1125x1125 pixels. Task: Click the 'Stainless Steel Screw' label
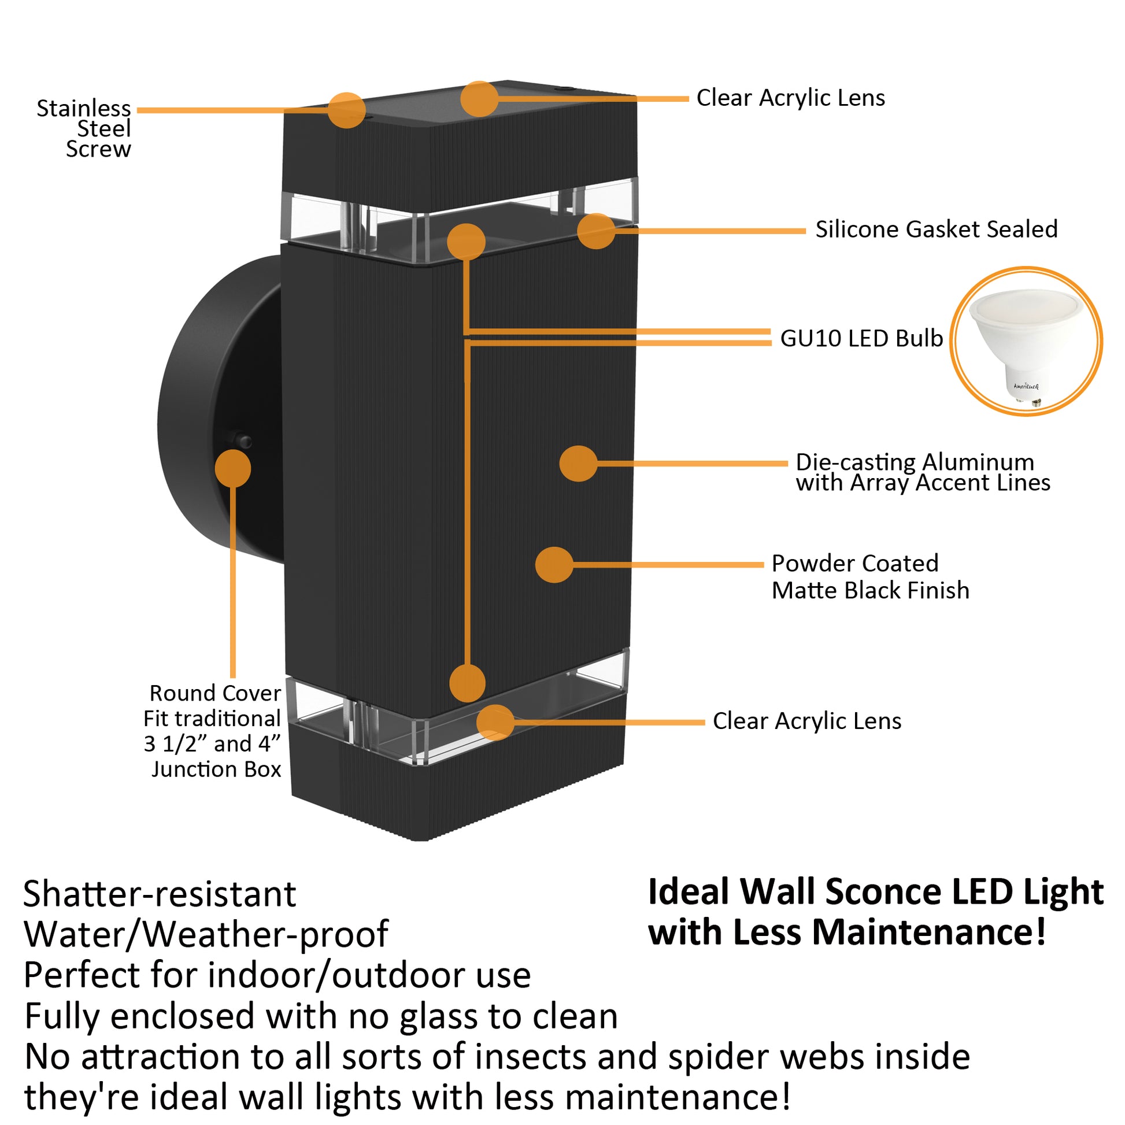point(84,129)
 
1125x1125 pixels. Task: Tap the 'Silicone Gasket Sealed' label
point(936,230)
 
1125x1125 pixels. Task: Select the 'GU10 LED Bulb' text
point(861,338)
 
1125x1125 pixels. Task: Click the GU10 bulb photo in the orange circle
point(1026,342)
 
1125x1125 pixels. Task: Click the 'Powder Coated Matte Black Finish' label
point(870,576)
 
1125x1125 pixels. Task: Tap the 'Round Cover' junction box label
point(213,731)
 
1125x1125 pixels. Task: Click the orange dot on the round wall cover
point(233,469)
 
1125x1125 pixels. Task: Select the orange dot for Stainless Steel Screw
point(346,110)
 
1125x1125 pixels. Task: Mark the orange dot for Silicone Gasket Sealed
point(595,231)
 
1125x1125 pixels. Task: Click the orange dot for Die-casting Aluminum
point(578,464)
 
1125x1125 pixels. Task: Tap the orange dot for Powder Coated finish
point(554,565)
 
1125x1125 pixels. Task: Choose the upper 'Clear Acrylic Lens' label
point(790,98)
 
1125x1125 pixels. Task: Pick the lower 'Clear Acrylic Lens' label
point(806,721)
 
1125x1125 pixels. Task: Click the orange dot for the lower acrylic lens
point(495,723)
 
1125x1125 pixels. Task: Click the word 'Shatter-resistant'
point(160,894)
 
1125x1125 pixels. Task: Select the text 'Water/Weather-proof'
point(206,935)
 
